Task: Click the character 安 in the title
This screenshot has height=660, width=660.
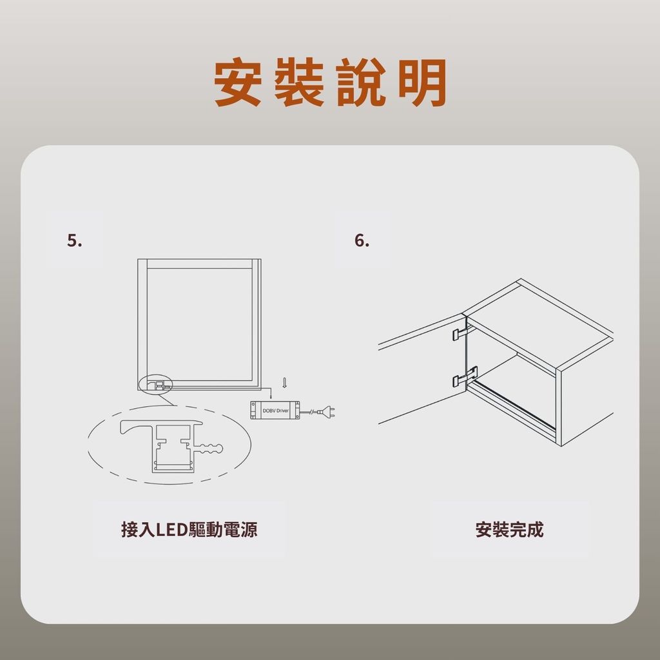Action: click(238, 82)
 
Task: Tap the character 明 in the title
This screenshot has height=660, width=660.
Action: click(422, 82)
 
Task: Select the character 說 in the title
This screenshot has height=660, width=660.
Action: click(361, 82)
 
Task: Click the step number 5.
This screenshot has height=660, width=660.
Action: click(75, 240)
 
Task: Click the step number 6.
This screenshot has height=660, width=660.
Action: click(362, 240)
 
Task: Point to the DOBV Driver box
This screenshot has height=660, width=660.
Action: click(275, 410)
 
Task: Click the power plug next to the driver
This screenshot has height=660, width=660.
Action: click(327, 411)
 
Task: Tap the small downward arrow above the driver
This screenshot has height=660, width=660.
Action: click(284, 382)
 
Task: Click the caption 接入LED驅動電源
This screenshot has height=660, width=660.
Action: click(189, 530)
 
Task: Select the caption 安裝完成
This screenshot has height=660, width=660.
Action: click(509, 530)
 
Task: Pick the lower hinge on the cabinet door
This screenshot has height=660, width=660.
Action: click(465, 376)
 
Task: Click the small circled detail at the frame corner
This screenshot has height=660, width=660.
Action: click(157, 383)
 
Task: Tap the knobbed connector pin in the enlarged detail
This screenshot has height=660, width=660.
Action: click(211, 449)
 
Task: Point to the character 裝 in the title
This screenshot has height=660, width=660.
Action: click(299, 82)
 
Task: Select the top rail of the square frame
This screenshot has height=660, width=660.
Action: click(200, 264)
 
